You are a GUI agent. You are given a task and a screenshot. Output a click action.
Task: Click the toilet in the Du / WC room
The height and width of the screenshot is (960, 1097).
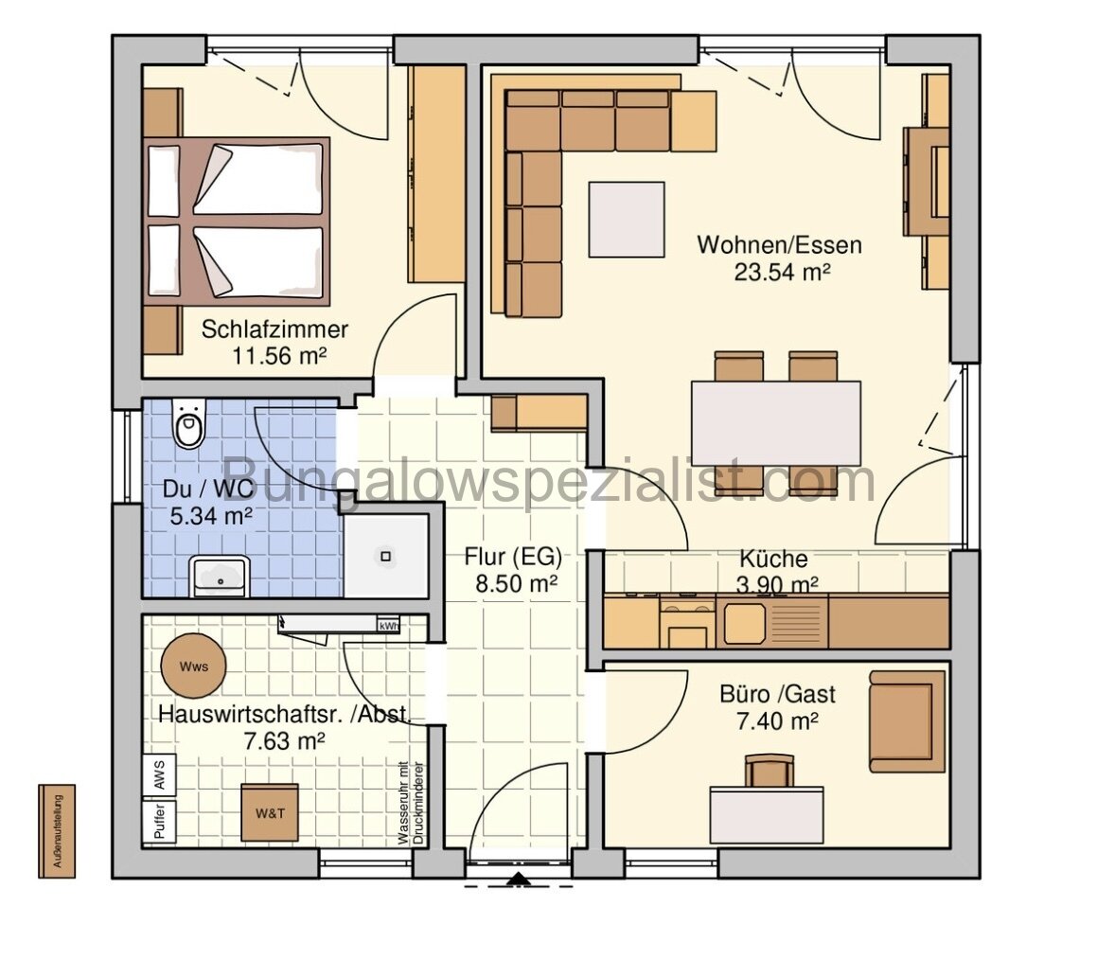(188, 426)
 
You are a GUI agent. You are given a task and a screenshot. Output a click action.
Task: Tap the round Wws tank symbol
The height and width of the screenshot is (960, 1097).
(193, 666)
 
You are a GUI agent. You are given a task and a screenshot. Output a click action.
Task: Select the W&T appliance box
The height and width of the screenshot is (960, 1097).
(269, 812)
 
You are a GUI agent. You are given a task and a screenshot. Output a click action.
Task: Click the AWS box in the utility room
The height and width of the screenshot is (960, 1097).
(158, 776)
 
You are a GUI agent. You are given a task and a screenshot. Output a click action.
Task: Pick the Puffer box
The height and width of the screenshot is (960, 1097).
(158, 822)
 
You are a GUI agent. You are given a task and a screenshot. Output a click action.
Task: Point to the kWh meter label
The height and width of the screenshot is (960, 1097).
(388, 625)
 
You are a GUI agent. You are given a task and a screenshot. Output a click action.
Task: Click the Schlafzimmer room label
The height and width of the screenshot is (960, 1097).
(274, 330)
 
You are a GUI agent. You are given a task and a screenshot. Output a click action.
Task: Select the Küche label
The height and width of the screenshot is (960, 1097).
(773, 559)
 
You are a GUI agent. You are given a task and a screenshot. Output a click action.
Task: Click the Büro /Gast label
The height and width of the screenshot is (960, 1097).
(777, 694)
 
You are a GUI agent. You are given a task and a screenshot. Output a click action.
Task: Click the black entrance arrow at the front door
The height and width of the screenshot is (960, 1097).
(518, 881)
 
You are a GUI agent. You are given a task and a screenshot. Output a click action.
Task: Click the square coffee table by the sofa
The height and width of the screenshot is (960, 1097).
(626, 219)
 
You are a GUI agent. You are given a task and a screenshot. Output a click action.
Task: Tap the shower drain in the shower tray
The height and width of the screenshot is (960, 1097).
(386, 556)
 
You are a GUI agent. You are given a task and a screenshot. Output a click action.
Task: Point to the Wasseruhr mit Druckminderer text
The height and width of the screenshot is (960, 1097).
(408, 803)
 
